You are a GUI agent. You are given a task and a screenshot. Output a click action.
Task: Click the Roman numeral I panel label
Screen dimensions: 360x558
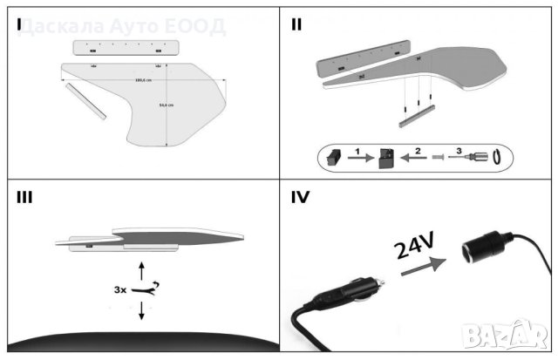(18, 24)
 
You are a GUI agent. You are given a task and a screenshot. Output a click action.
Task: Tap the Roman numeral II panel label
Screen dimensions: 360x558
(297, 24)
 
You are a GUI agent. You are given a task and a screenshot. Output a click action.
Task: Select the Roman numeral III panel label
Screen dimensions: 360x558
(24, 197)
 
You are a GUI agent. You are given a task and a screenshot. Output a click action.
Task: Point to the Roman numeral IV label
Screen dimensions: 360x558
(302, 198)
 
